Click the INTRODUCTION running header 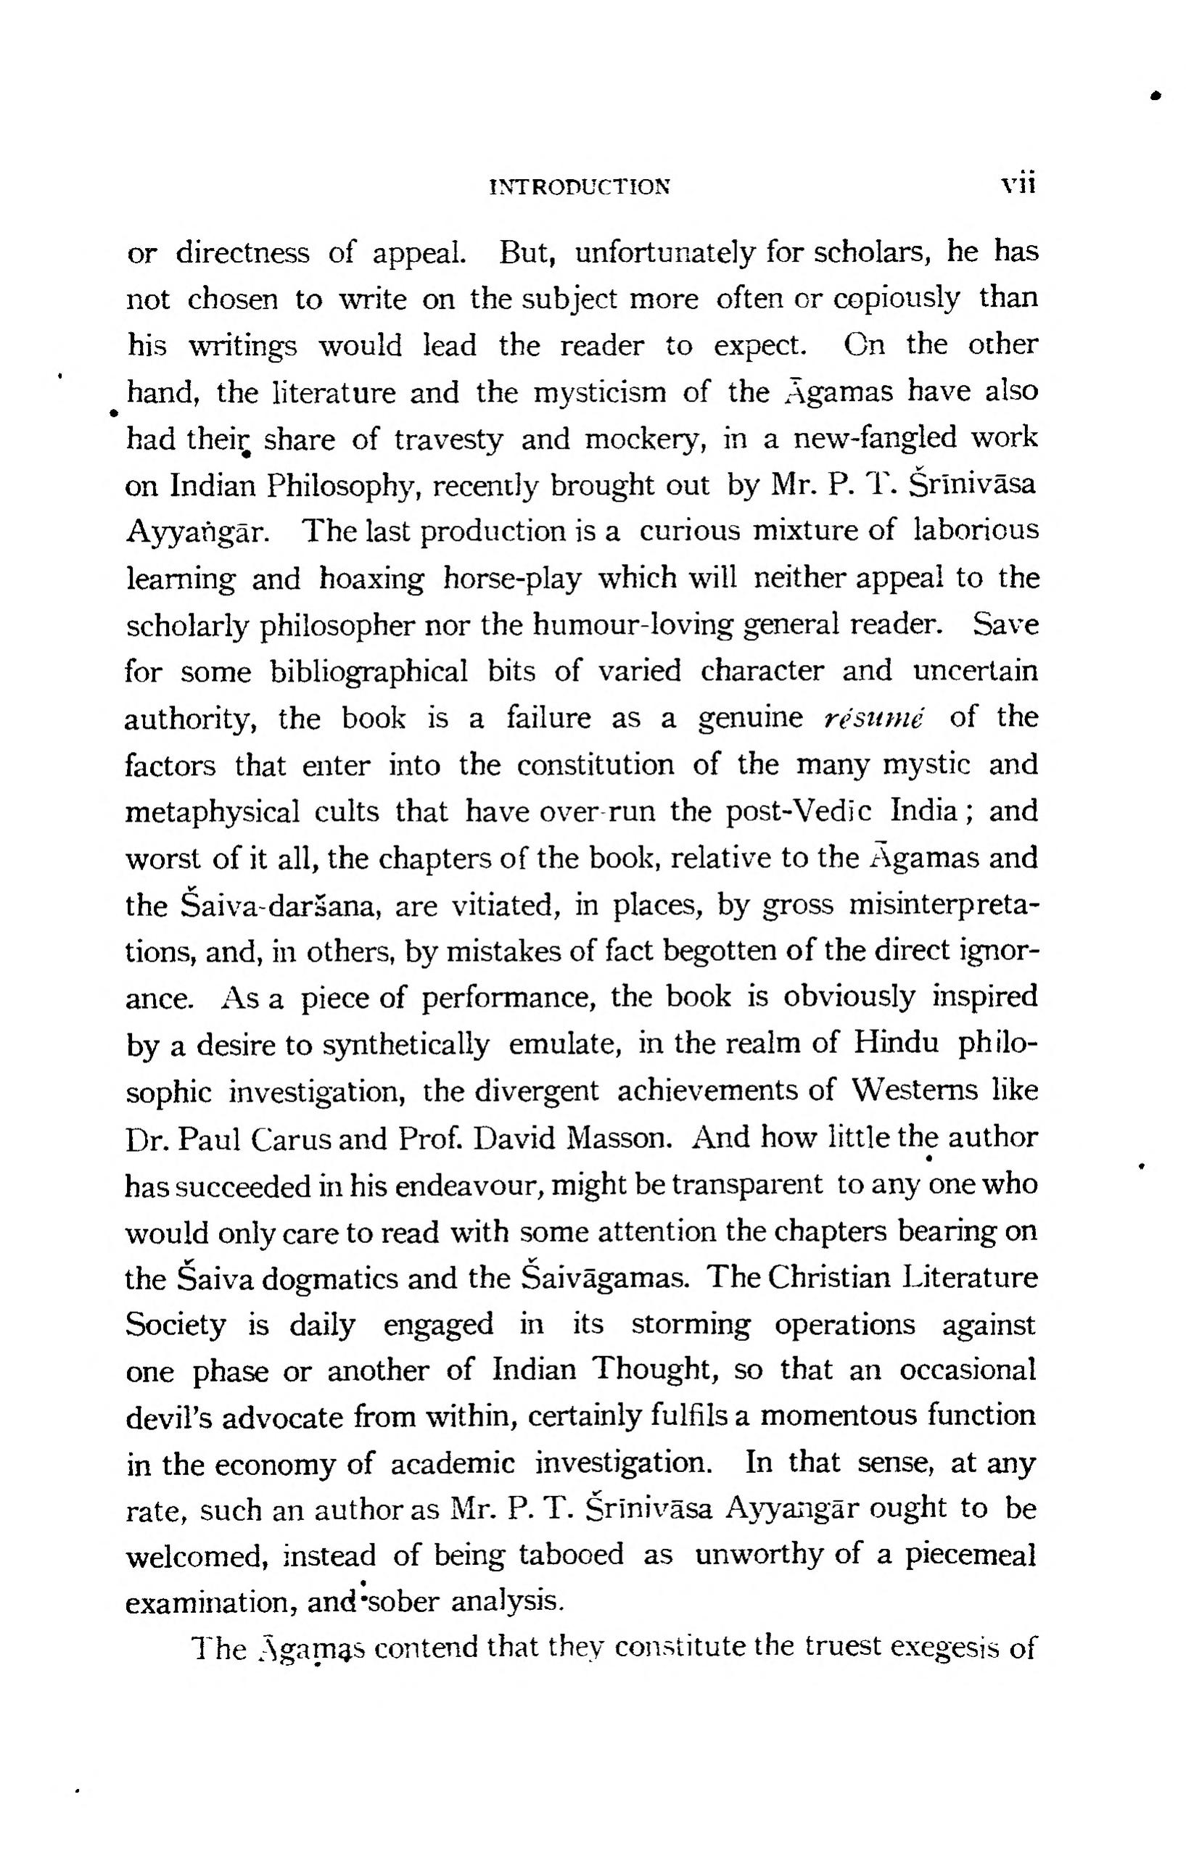pos(580,186)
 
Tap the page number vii pos(1017,185)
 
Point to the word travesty pos(448,439)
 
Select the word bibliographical pos(369,672)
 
